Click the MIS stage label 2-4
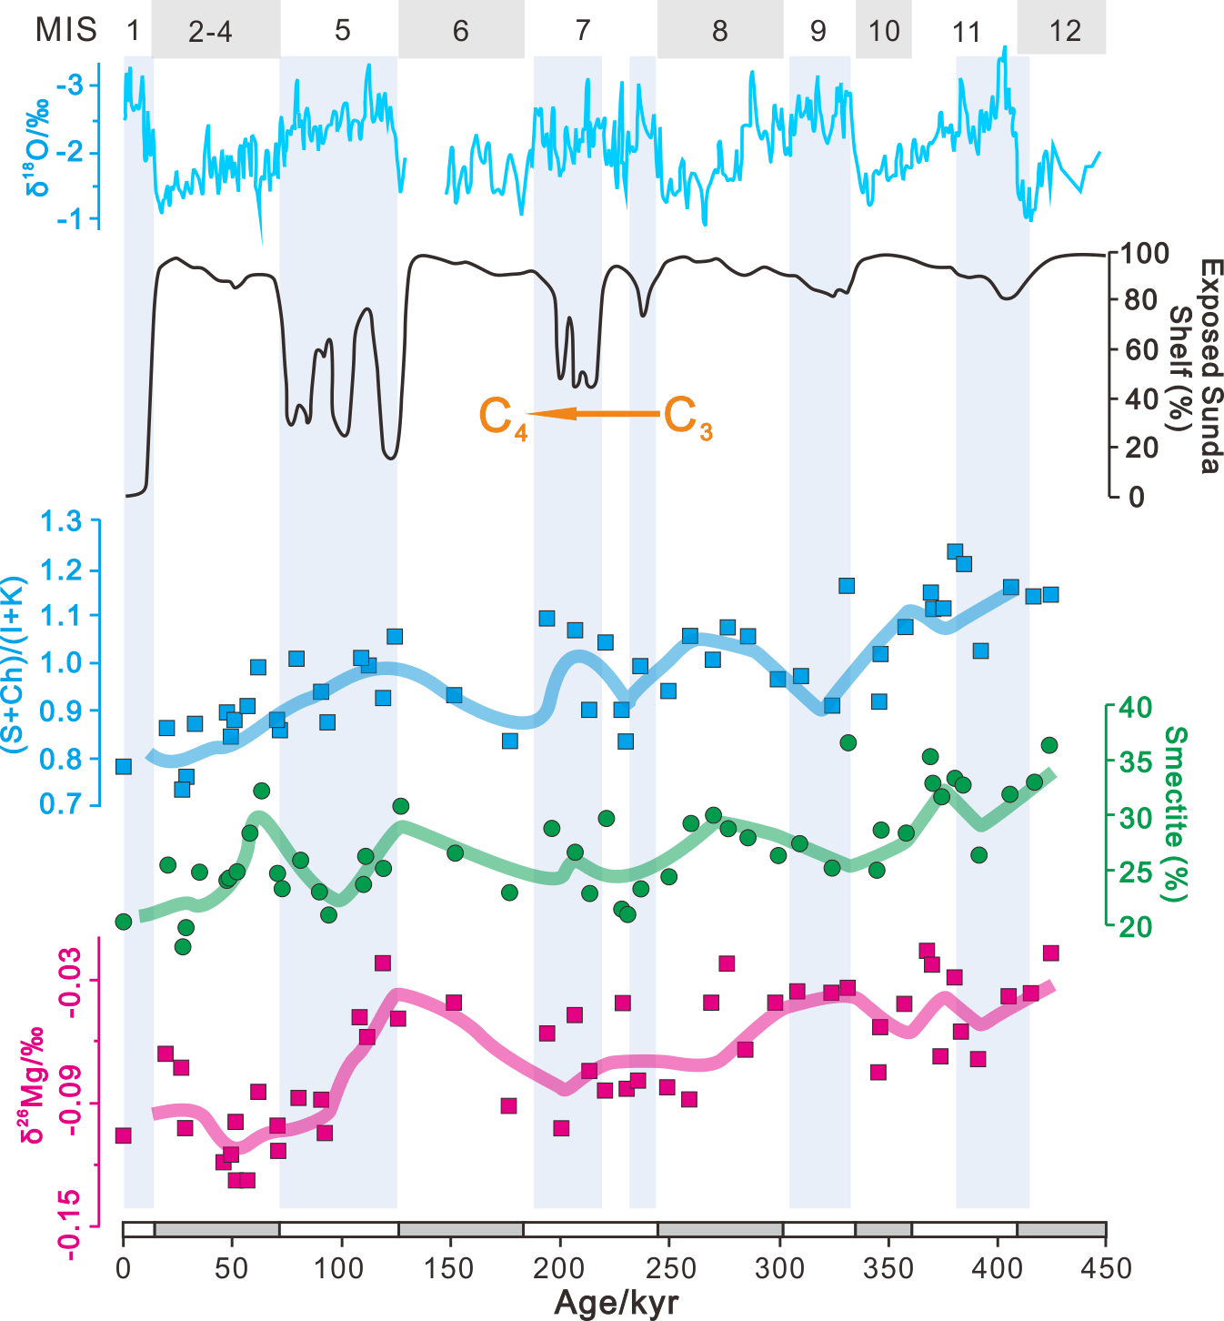click(x=210, y=31)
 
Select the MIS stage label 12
click(x=1065, y=31)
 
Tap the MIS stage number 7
click(x=583, y=31)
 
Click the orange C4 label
click(x=503, y=418)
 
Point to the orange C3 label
click(x=687, y=418)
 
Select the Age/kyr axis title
click(x=617, y=1303)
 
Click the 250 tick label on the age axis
click(x=670, y=1268)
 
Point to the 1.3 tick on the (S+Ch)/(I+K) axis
click(x=60, y=522)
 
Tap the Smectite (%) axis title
click(x=1176, y=814)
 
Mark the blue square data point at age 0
click(x=124, y=767)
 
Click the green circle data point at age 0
click(x=124, y=922)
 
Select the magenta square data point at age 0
click(x=124, y=1135)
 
